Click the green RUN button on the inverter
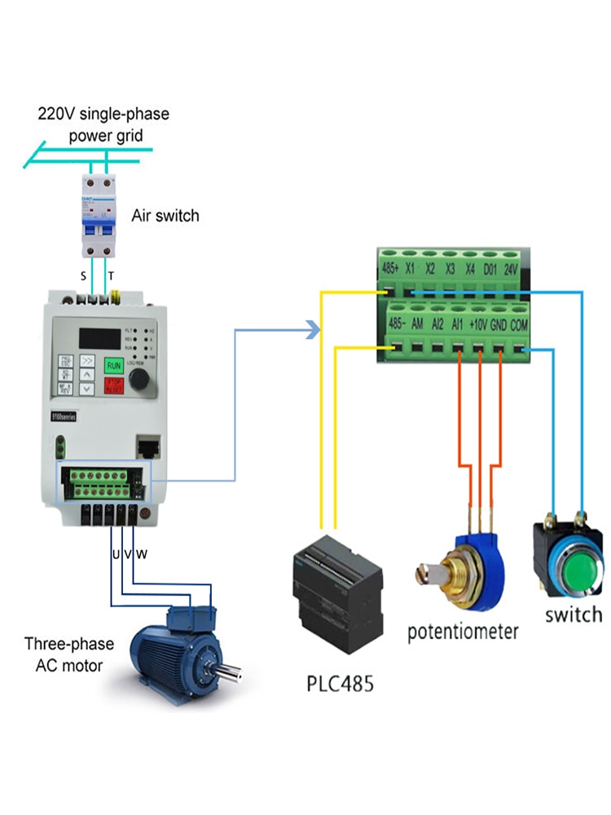point(114,366)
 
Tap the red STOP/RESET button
point(114,385)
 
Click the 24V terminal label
point(511,267)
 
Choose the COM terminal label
point(521,324)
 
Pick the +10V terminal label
point(478,324)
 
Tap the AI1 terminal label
point(458,324)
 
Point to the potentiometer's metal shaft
point(426,575)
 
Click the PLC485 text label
point(340,683)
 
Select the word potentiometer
point(463,632)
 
